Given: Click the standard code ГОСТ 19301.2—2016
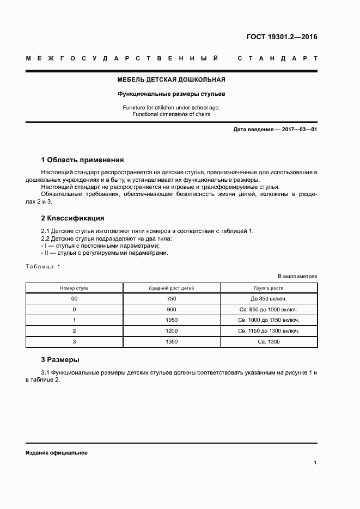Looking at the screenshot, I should pyautogui.click(x=282, y=38).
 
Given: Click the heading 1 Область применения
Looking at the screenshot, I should pyautogui.click(x=83, y=160).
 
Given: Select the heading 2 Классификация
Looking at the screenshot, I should pyautogui.click(x=73, y=218).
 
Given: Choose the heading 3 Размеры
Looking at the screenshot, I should pyautogui.click(x=60, y=360).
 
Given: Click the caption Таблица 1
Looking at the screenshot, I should pyautogui.click(x=43, y=266).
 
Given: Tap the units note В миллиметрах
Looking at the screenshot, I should pyautogui.click(x=297, y=277).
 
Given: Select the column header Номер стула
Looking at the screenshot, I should pyautogui.click(x=74, y=288).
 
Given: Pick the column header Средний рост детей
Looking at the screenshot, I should pyautogui.click(x=172, y=288).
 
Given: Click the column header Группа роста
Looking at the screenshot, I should pyautogui.click(x=269, y=288).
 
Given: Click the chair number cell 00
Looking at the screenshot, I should pyautogui.click(x=74, y=299).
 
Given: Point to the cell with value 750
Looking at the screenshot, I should pyautogui.click(x=172, y=299).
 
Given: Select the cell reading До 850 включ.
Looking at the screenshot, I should pyautogui.click(x=269, y=299).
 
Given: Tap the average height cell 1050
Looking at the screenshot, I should pyautogui.click(x=172, y=320).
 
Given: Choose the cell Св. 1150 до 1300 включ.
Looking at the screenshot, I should pyautogui.click(x=269, y=330).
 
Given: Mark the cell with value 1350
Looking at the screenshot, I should pyautogui.click(x=172, y=341).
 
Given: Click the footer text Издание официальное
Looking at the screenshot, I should pyautogui.click(x=56, y=453).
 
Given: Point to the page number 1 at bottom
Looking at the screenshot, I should pyautogui.click(x=315, y=463).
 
